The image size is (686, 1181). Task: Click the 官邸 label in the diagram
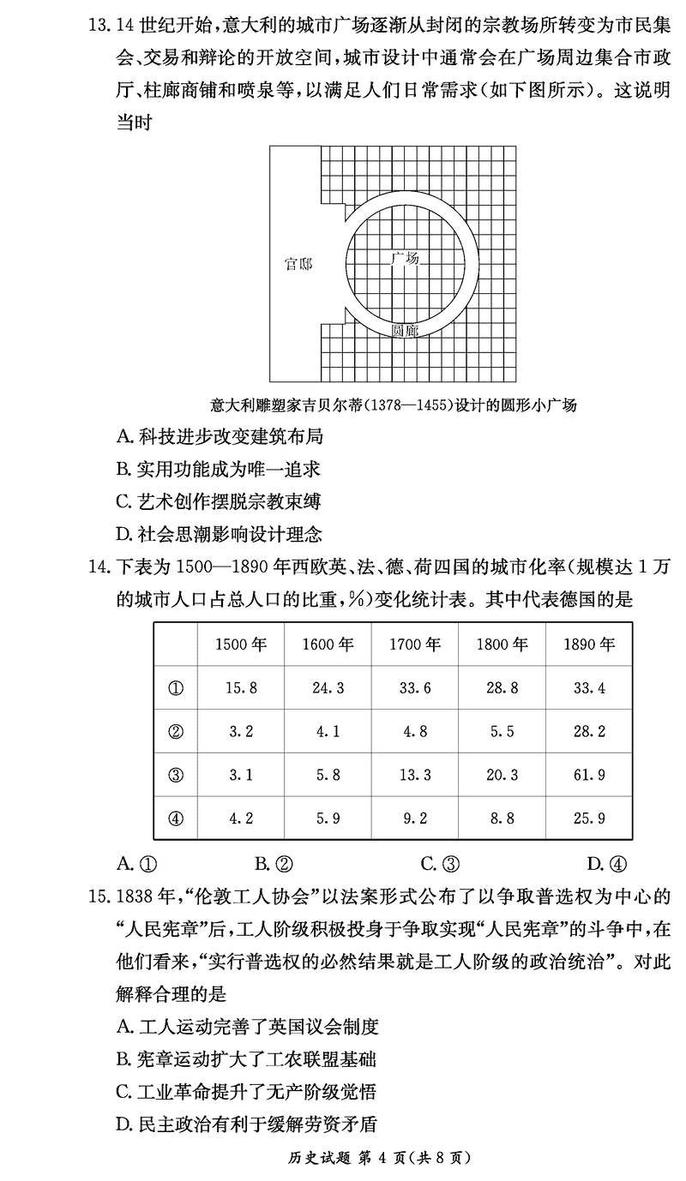298,264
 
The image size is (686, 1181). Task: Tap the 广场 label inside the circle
405,257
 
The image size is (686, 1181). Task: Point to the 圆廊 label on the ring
405,330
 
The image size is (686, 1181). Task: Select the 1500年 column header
239,644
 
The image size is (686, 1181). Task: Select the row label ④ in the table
176,818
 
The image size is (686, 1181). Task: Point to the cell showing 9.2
414,818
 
